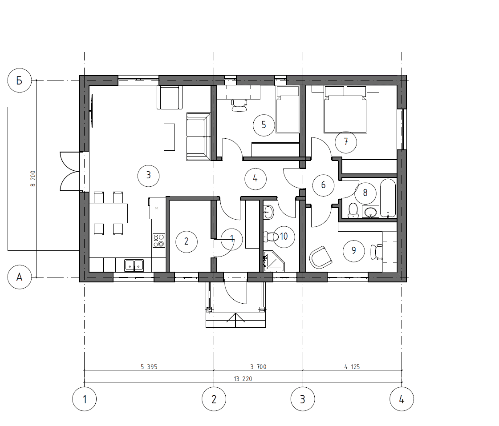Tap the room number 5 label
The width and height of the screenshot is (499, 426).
264,125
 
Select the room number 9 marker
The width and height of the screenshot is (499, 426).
354,251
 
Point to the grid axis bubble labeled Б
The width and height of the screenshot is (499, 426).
20,80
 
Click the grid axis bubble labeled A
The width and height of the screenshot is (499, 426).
20,277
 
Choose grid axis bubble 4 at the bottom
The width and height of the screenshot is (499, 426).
402,399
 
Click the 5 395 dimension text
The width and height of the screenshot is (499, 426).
149,367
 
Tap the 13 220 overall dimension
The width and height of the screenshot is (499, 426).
243,379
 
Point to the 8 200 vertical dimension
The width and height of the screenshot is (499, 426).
33,178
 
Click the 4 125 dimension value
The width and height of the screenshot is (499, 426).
352,367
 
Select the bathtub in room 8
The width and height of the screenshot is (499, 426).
388,198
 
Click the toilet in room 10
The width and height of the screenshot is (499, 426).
271,237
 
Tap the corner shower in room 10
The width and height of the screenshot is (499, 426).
274,261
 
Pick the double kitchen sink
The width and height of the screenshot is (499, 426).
134,265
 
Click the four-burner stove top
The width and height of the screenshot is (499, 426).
159,240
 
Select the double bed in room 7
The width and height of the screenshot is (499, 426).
345,109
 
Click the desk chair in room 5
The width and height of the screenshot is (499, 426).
239,105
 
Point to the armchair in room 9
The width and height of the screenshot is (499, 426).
321,257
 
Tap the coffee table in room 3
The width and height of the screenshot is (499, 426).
169,137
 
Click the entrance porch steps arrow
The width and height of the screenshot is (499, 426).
235,320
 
